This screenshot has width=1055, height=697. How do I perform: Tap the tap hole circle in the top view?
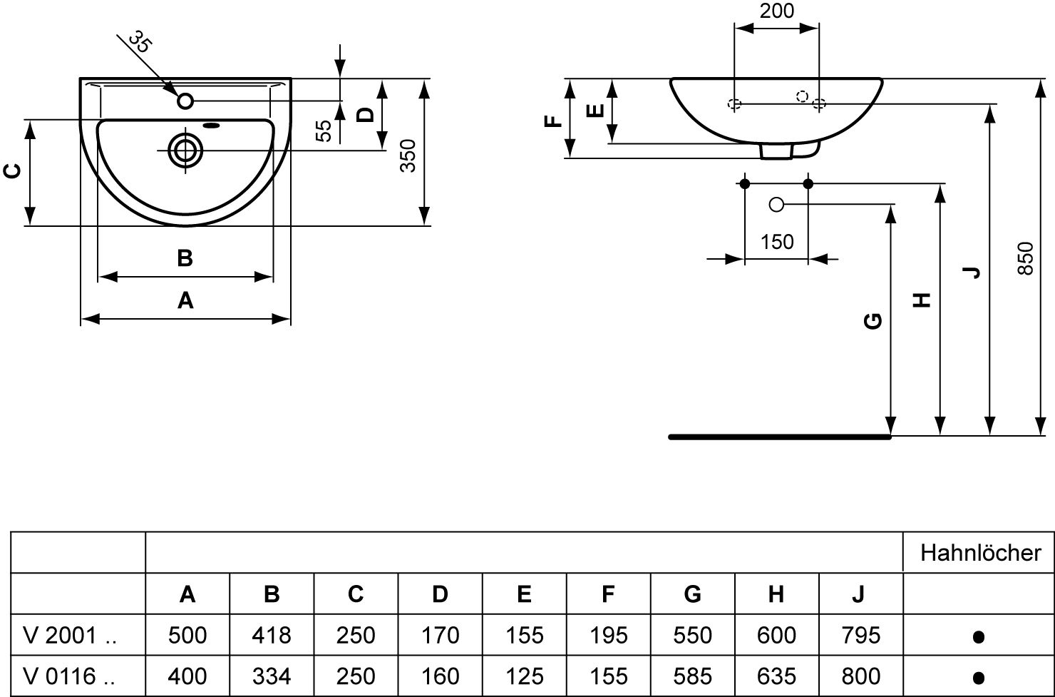click(x=185, y=101)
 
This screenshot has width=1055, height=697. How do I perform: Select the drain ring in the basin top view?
click(x=185, y=151)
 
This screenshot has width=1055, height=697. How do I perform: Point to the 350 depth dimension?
click(x=407, y=156)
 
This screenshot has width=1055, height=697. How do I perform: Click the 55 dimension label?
click(x=324, y=130)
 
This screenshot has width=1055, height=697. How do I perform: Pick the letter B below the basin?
click(x=185, y=258)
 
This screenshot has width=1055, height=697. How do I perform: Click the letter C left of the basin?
click(x=12, y=171)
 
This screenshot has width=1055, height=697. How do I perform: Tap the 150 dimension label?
click(x=776, y=242)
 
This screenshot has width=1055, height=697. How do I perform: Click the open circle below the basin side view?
click(x=776, y=205)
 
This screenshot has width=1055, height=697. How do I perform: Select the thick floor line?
click(x=780, y=437)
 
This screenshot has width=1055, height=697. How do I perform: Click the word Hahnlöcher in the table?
click(x=980, y=552)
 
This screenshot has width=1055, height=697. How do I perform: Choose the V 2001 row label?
click(x=70, y=635)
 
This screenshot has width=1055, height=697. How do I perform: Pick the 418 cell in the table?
click(x=272, y=635)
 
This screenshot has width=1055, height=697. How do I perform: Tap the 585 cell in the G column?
click(x=692, y=676)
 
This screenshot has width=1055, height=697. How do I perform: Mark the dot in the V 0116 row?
click(x=979, y=677)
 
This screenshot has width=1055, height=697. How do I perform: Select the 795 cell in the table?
click(x=860, y=635)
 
